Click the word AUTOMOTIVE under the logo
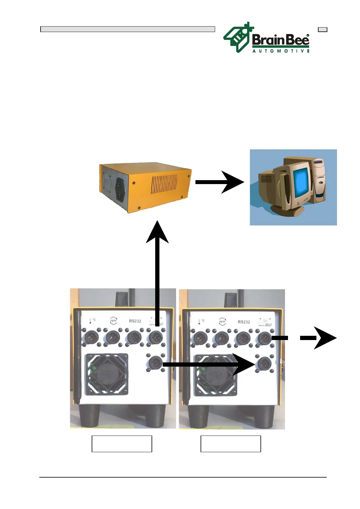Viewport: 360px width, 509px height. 281,51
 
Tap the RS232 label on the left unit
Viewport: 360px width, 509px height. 135,321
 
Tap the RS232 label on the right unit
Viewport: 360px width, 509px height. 244,322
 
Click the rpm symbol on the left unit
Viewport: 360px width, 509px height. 113,321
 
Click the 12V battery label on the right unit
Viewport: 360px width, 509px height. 265,321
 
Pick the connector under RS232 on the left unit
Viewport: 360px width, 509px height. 134,337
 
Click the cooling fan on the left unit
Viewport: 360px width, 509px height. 107,374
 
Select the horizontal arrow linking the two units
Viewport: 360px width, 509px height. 209,364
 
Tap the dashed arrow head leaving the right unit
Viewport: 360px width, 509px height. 325,338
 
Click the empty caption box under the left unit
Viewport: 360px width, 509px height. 122,444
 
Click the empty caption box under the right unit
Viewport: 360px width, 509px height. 231,444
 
